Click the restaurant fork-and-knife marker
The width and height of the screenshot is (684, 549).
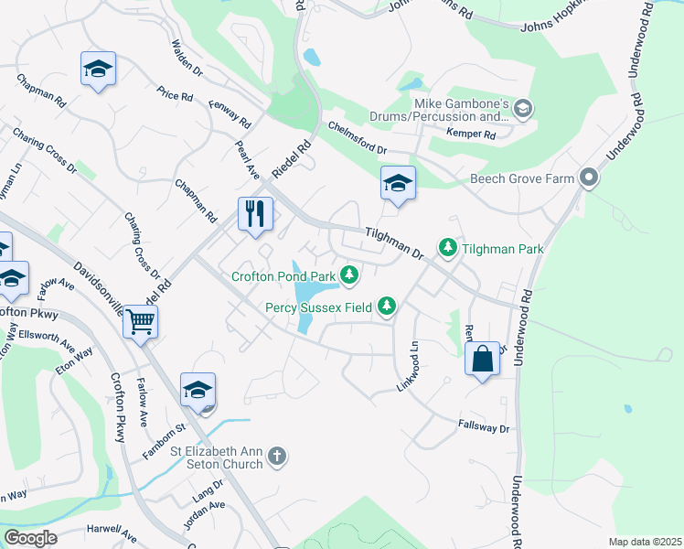255,214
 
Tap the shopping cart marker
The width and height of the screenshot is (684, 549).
141,321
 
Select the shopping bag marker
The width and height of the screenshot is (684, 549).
482,359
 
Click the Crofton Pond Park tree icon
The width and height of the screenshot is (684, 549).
348,274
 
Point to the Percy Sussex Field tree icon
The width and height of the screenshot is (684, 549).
387,307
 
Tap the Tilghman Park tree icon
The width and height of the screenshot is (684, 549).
447,247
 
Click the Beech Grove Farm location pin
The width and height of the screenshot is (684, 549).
589,178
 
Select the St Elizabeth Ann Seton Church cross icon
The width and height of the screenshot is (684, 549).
278,456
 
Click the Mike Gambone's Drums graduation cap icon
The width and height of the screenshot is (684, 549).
522,109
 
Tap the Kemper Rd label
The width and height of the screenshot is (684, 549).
471,135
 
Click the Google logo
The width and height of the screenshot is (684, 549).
30,538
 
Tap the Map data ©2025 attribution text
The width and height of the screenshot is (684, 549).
645,542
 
